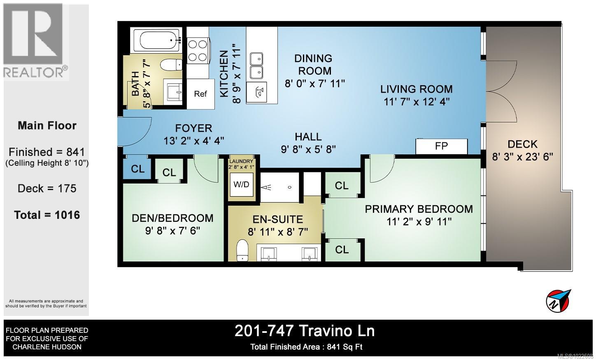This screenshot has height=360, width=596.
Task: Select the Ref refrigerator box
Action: coord(200,94)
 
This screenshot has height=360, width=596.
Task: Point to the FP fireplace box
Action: coord(441,146)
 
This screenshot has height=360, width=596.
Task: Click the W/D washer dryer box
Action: coord(242,184)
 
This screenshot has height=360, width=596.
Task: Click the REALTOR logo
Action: coord(35,41)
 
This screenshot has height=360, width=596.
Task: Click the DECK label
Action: coord(522,144)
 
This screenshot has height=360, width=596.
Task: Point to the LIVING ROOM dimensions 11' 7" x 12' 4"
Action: coord(416,102)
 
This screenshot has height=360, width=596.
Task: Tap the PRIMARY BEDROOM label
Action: coord(419,209)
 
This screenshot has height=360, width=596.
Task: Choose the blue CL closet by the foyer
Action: coord(137,169)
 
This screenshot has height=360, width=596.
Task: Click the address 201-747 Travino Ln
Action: coord(305,331)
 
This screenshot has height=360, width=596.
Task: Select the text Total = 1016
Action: coord(47,215)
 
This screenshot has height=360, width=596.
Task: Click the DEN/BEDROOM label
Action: coord(172,218)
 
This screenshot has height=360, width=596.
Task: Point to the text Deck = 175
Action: coord(47,188)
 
